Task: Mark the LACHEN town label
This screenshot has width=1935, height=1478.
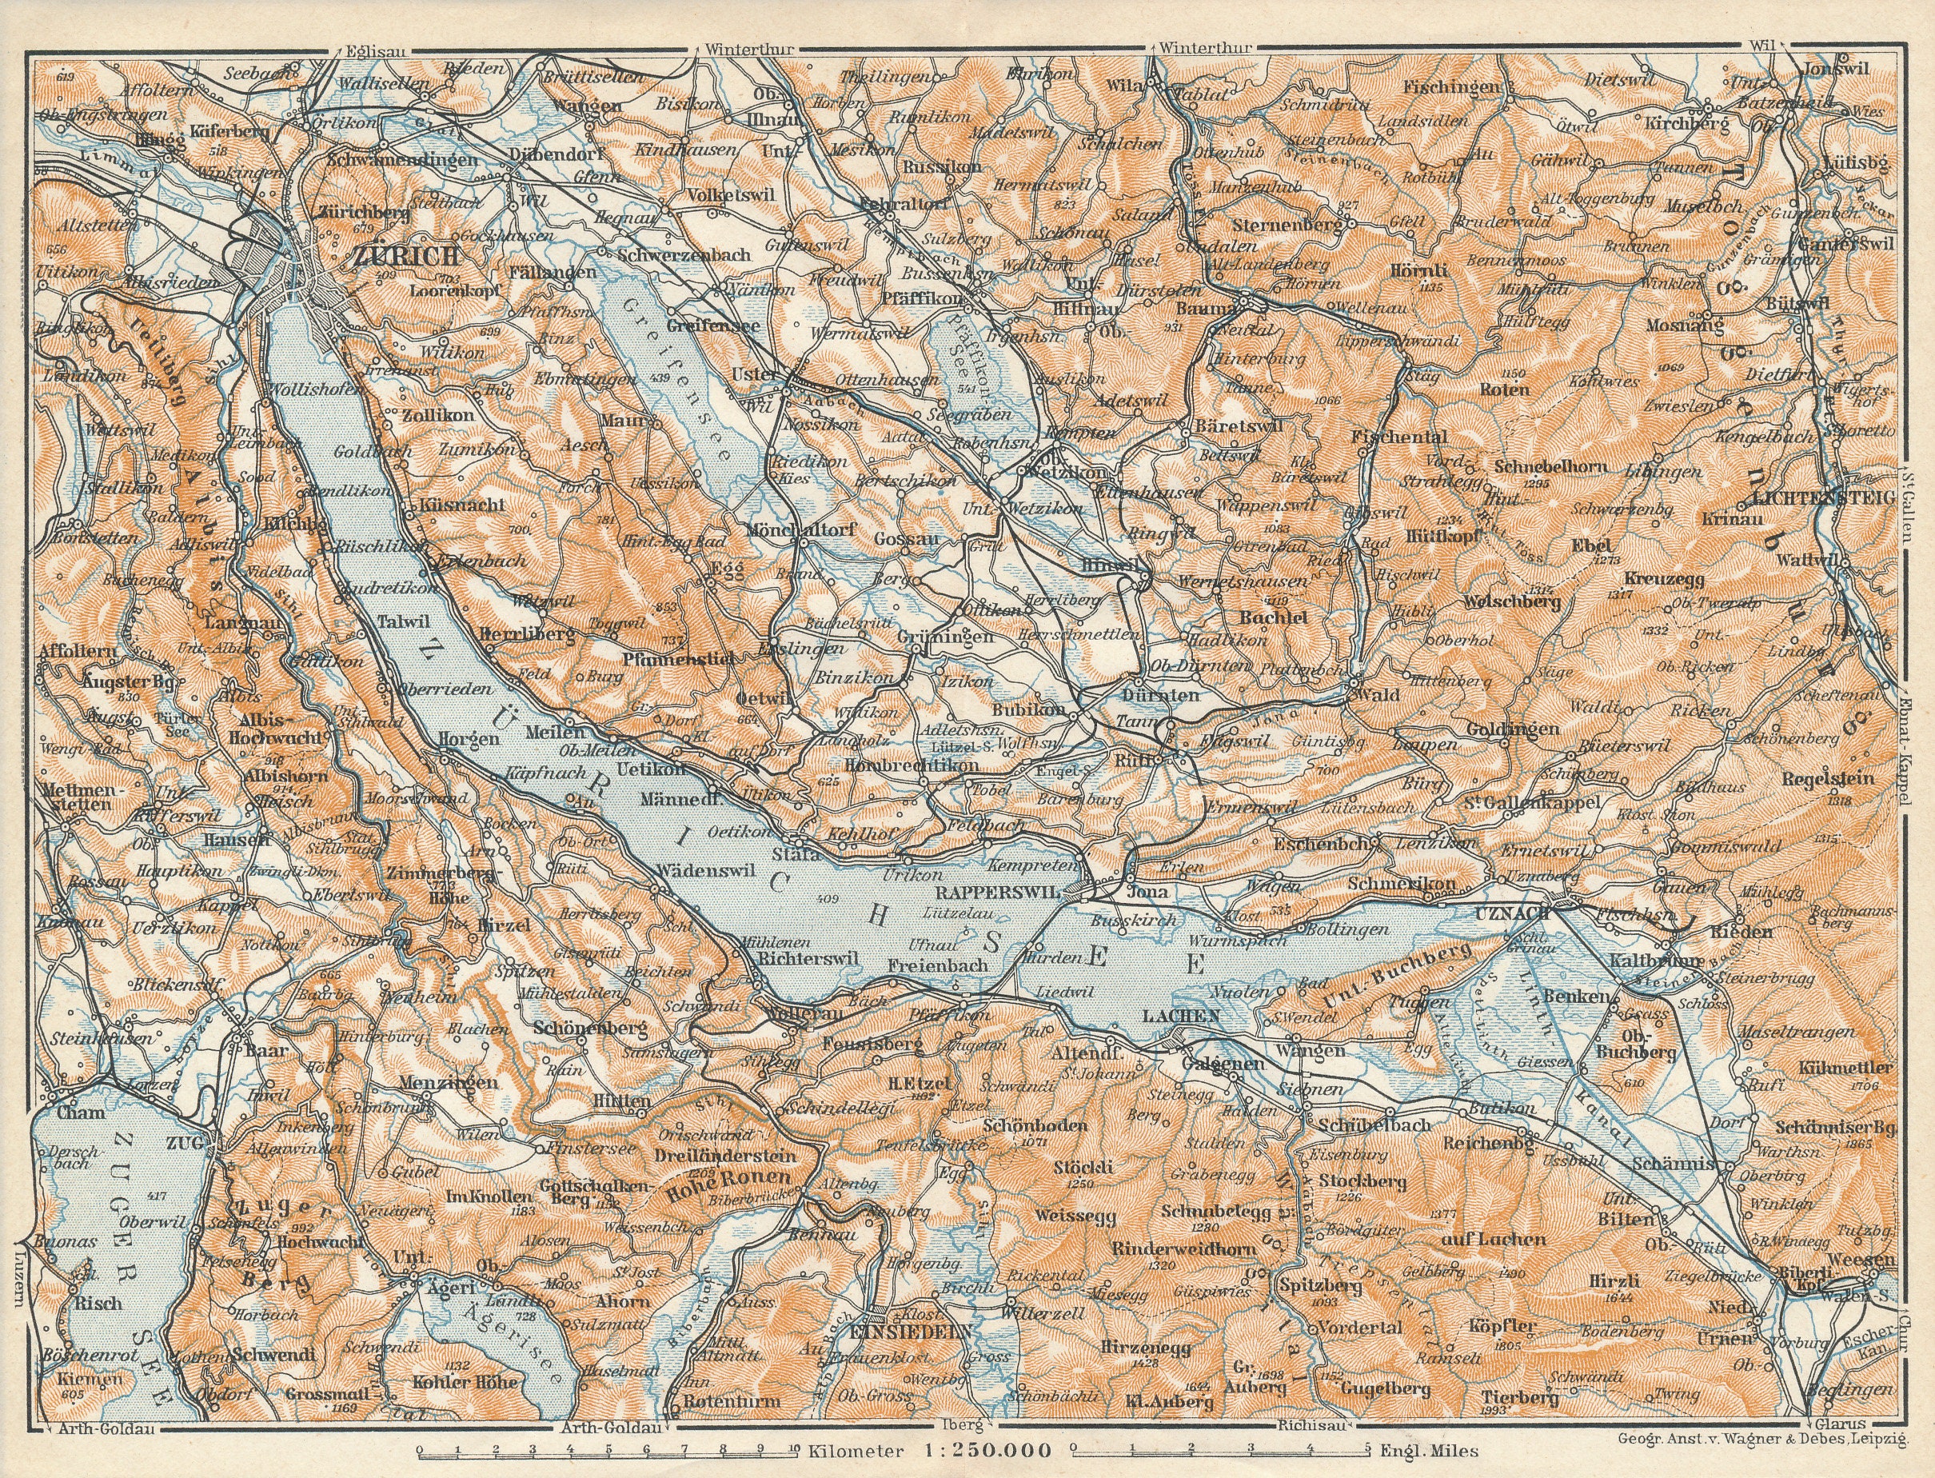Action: coord(1181,1015)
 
